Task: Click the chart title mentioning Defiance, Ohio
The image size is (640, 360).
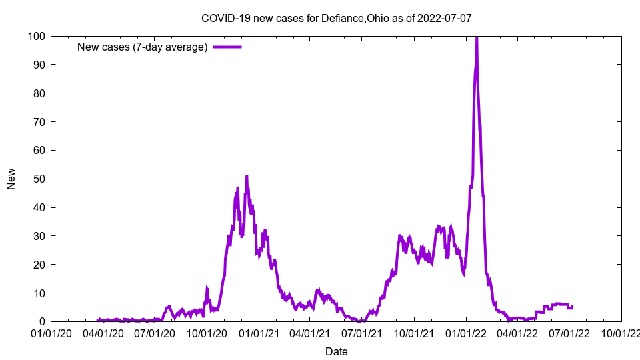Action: point(336,18)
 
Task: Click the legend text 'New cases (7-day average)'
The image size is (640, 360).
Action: point(142,47)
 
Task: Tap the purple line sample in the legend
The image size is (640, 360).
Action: point(227,47)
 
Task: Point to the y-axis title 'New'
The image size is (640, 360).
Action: point(11,179)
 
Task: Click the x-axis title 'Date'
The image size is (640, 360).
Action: point(336,351)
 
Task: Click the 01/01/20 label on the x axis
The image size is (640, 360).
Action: point(51,333)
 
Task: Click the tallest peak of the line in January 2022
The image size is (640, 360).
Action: point(477,37)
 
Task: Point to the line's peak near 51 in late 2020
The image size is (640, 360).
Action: point(247,176)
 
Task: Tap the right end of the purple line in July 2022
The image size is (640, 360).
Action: point(572,307)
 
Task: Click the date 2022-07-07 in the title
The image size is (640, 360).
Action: point(445,18)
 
